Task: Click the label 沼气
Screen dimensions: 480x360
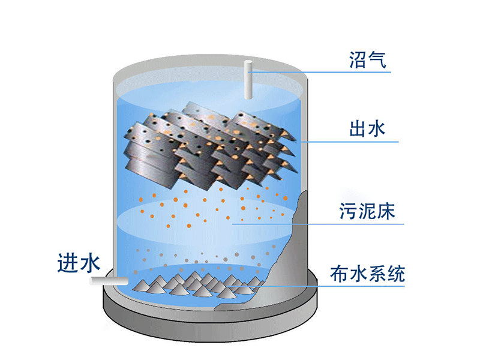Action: (368, 59)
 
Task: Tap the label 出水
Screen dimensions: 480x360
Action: (367, 128)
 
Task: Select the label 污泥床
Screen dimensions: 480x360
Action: (367, 211)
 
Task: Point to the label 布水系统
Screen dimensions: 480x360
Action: (368, 274)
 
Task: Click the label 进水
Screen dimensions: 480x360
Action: (79, 263)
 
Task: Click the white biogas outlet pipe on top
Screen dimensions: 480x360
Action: (248, 80)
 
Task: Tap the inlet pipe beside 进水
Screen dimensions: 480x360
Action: (109, 281)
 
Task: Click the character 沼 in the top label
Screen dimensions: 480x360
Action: (358, 59)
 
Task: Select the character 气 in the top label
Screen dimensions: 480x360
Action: (377, 59)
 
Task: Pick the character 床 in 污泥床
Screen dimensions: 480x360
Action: (386, 211)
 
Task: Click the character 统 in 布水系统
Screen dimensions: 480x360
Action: (396, 274)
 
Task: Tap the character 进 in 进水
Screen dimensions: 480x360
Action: (68, 263)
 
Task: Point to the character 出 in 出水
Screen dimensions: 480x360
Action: (358, 128)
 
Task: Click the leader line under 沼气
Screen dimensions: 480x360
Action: (319, 72)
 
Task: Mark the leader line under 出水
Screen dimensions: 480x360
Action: (349, 142)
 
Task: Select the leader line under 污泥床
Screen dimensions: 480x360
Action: (318, 224)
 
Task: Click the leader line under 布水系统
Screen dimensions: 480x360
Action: (316, 287)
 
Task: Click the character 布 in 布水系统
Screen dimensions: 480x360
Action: (339, 274)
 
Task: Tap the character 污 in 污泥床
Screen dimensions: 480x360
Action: (349, 211)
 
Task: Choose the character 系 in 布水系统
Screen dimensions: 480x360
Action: (377, 274)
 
